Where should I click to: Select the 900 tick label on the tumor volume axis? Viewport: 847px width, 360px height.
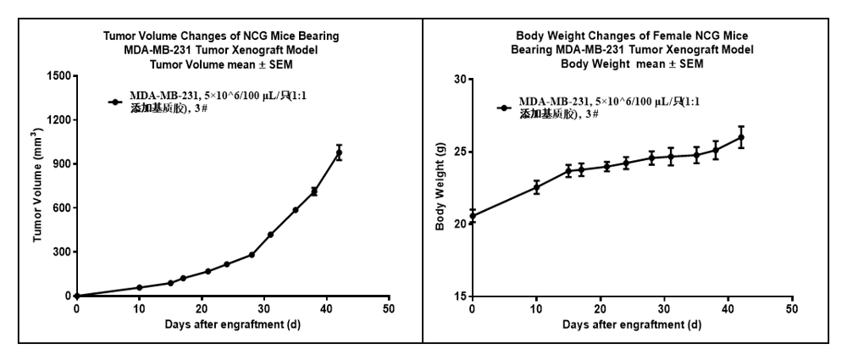coord(61,163)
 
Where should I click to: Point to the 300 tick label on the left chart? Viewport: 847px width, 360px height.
coord(61,252)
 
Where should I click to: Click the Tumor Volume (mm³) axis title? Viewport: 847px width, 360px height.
coord(39,186)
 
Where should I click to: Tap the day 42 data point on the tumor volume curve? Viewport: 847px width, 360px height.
coord(339,152)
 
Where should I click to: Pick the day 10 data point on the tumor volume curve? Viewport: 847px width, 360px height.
coord(139,287)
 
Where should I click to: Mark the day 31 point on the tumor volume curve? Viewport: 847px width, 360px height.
coord(270,235)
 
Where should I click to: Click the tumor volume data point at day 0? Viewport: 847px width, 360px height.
coord(76,296)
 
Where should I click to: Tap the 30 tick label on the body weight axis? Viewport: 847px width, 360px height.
coord(460,80)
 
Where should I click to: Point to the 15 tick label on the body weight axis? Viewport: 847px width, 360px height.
coord(460,296)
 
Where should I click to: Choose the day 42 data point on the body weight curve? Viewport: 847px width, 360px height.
coord(741,137)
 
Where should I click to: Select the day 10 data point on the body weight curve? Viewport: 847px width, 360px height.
coord(536,187)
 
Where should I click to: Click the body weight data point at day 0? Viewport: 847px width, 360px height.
coord(473,216)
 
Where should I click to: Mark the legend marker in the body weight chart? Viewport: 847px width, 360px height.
coord(504,108)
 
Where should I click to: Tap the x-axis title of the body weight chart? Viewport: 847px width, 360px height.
coord(631,324)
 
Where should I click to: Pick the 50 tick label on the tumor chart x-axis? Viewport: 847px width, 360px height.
coord(389,308)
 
